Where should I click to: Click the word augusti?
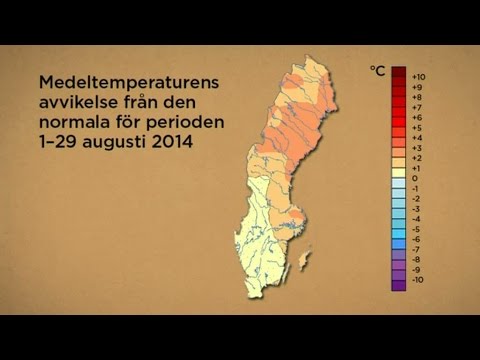109,143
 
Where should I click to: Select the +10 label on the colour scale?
419,76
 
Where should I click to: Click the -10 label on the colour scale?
418,283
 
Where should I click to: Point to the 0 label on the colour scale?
415,179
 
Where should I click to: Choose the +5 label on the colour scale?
418,128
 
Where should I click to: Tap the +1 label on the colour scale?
418,169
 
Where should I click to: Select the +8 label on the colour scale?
418,97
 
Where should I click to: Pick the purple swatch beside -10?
398,284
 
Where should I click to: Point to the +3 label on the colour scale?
418,149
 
